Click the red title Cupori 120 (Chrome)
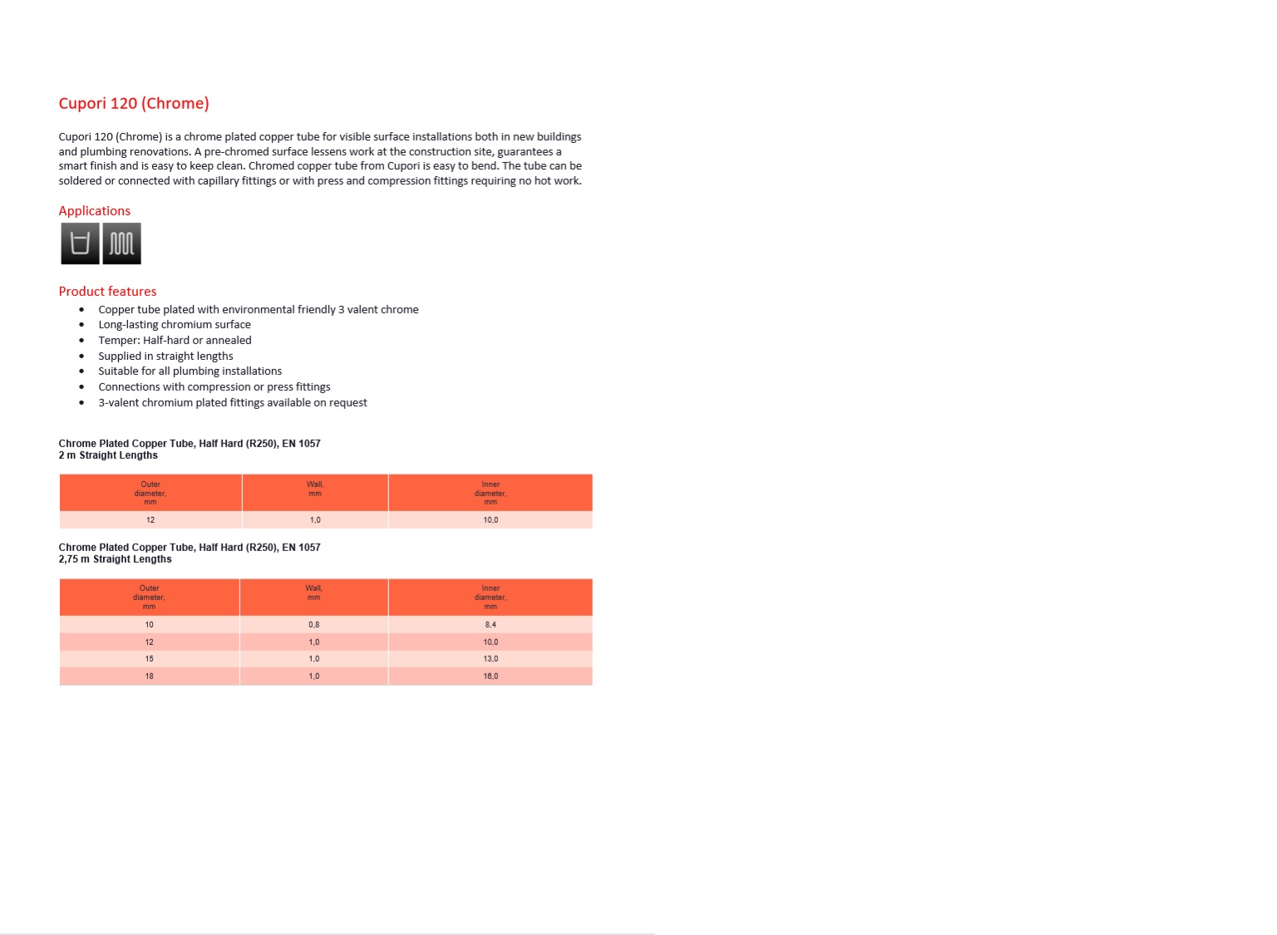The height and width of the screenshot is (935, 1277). pos(134,104)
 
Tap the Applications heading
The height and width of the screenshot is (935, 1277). pos(94,211)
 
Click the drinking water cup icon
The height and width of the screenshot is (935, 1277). pos(80,244)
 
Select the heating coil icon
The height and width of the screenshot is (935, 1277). pos(121,244)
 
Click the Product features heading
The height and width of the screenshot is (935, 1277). pos(107,292)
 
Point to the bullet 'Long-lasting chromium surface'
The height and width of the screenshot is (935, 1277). pos(174,325)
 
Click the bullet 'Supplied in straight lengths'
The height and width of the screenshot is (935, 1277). pos(165,356)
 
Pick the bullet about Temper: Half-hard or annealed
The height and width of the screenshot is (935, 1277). pos(175,340)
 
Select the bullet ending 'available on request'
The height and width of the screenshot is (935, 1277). pos(232,402)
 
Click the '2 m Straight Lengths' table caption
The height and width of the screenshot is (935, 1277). pos(108,455)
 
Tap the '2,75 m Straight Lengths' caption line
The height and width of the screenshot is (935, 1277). pos(115,559)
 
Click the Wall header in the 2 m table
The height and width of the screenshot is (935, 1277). pos(315,490)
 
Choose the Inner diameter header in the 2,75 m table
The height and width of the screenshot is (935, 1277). pos(491,597)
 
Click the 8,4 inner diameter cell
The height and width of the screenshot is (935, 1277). pos(491,625)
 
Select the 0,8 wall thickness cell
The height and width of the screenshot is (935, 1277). pos(313,625)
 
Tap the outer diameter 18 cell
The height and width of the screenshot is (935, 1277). pos(150,677)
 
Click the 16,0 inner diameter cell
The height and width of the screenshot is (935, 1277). pos(491,677)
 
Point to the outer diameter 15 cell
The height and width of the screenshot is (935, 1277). pos(150,659)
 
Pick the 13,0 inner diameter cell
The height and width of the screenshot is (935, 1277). pos(491,659)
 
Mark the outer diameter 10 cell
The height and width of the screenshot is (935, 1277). pos(150,625)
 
